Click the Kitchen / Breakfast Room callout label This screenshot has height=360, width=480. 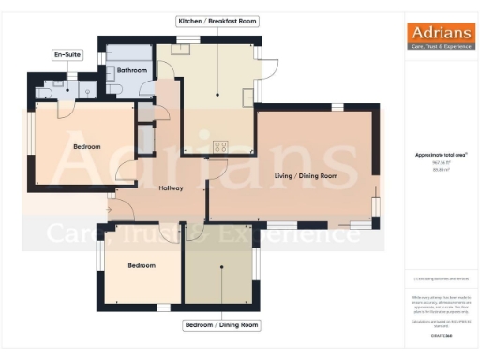pos(217,20)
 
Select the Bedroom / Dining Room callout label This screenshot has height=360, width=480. pos(220,325)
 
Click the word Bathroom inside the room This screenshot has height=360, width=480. pos(131,70)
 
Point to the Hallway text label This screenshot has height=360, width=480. pos(171,188)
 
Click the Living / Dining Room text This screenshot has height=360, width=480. pos(306,175)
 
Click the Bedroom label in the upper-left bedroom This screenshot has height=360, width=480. pos(87,146)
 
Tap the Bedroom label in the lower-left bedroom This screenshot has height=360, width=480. pos(142,265)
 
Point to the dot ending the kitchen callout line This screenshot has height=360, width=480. pos(217,95)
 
